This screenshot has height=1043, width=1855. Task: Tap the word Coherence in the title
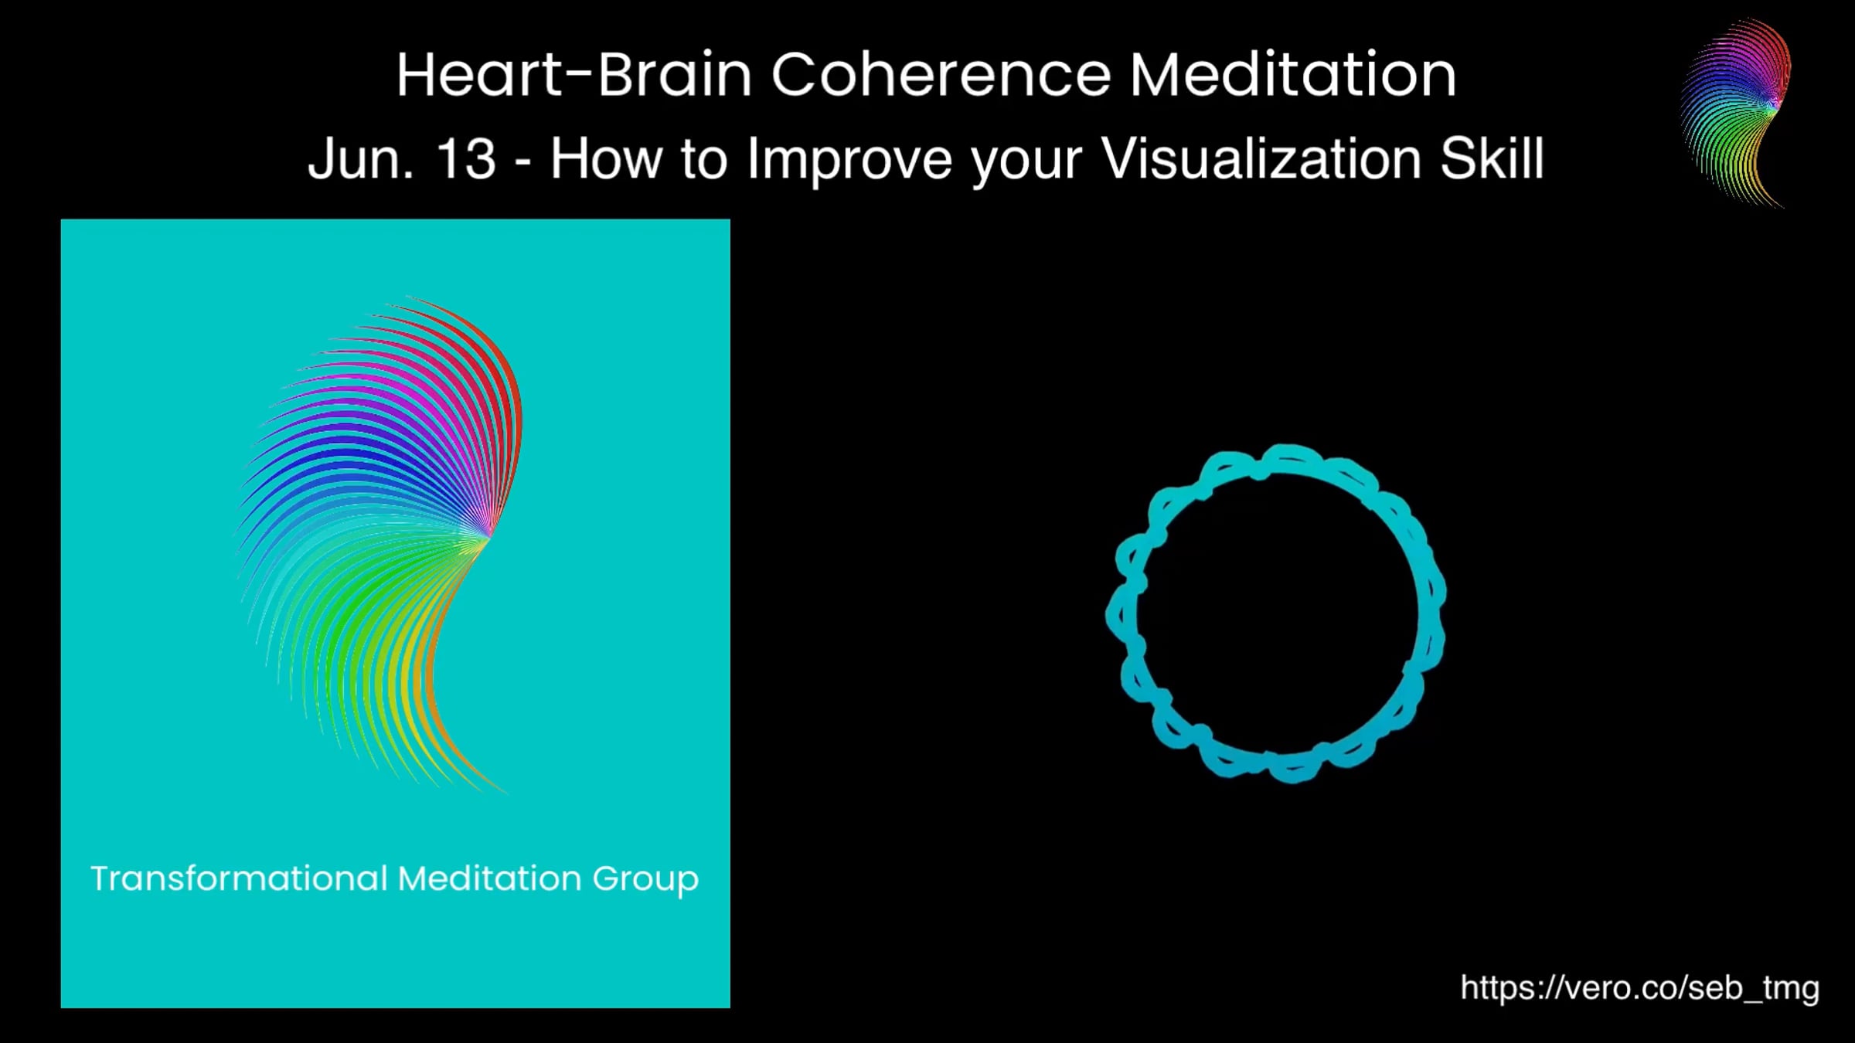(941, 75)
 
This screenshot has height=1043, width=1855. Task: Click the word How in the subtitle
(605, 159)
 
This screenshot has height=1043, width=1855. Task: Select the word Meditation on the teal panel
(489, 878)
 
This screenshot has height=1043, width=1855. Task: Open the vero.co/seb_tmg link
(1639, 988)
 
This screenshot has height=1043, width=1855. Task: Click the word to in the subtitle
(704, 160)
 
